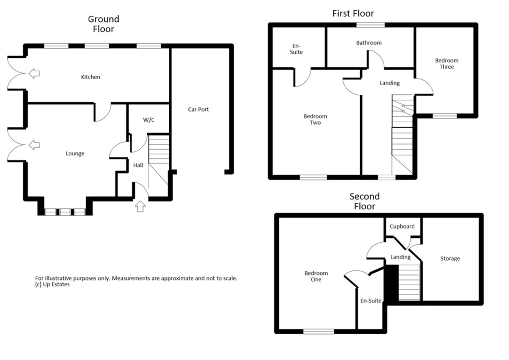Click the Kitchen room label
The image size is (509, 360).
pos(90,77)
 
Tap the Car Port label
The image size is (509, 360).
pos(198,110)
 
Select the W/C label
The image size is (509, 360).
pos(149,120)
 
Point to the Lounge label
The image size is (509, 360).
pos(75,154)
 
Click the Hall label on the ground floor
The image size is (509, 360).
pos(138,165)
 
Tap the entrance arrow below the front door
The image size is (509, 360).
pos(140,206)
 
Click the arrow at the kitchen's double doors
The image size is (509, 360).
pos(34,73)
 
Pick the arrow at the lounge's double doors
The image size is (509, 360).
pos(34,145)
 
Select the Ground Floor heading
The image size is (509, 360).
pos(103,24)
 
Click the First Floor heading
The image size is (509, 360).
pos(353,14)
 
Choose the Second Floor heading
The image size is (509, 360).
pos(364,201)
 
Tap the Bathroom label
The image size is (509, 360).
pos(369,43)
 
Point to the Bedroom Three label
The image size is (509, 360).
pos(447,64)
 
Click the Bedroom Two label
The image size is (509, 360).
pos(316,119)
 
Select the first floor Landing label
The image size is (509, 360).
pos(390,83)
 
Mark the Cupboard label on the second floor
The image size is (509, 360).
pos(402,227)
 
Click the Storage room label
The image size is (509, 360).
pos(450,259)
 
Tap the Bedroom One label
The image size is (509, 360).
pos(316,276)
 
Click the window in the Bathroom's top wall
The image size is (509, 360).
pos(370,25)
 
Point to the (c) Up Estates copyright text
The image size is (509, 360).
pos(52,284)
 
